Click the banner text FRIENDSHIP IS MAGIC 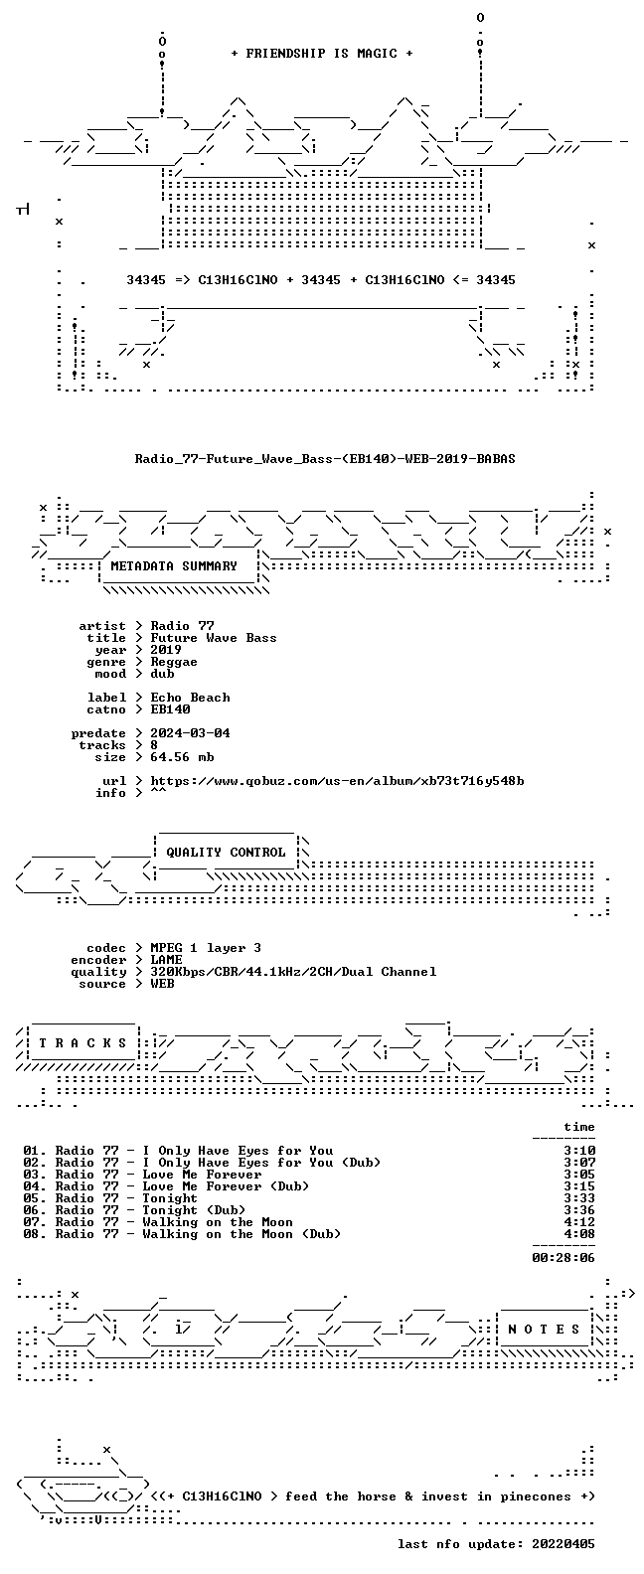coord(322,54)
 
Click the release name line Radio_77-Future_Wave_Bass coord(325,459)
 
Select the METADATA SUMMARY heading coord(174,565)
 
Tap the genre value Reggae coord(174,662)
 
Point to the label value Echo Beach coord(190,697)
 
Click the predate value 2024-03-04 coord(190,733)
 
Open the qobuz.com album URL coord(337,781)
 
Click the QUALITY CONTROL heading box coord(226,853)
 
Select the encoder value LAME coord(166,960)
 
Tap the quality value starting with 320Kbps coord(293,972)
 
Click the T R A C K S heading coord(82,1042)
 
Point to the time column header coord(579,1127)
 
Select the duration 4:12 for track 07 coord(579,1222)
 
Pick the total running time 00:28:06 coord(563,1258)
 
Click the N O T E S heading coord(544,1329)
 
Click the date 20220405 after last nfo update coord(563,1544)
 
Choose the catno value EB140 coord(170,709)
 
